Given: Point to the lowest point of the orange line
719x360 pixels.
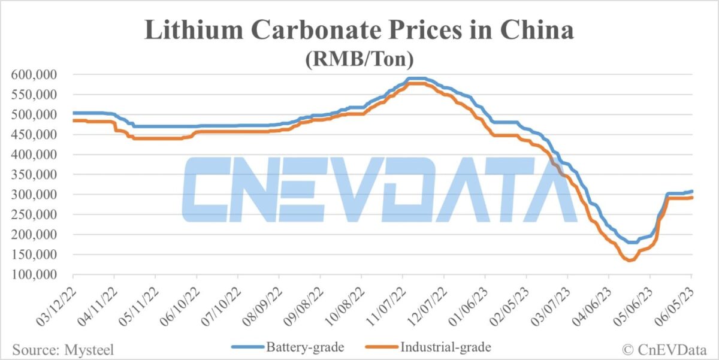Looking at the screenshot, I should point(629,261).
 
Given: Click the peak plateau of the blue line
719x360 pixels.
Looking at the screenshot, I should point(416,78).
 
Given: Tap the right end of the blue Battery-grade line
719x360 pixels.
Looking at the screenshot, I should point(692,191).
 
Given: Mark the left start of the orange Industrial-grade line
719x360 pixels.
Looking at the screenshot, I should point(74,120).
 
